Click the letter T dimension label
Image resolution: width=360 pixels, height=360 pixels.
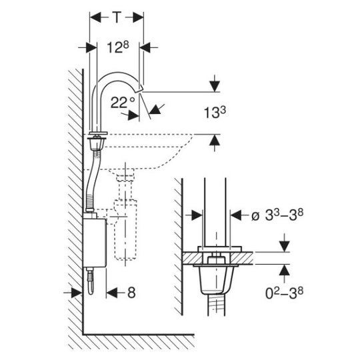pos(117,17)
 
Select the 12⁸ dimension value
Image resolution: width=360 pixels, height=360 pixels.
pos(118,47)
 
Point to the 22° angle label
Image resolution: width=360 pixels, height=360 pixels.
pos(123,103)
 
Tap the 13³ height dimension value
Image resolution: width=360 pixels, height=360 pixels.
pos(215,113)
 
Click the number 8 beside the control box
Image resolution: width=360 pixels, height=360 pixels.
pos(131,293)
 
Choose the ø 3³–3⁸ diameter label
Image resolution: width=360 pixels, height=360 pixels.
pos(277,215)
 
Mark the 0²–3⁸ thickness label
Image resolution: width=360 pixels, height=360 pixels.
pos(284,293)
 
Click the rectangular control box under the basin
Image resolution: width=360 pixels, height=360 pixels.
pos(95,243)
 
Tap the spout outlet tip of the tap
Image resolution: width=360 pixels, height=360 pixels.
pos(140,89)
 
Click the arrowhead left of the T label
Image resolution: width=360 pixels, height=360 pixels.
pos(95,17)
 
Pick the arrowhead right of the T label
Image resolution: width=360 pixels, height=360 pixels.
pos(138,17)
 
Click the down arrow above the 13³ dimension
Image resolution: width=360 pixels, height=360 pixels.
pos(215,86)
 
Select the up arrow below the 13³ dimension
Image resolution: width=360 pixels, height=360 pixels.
pos(215,140)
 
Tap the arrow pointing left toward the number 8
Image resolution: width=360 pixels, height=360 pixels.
pos(112,293)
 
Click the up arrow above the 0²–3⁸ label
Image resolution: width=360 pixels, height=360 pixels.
pos(285,270)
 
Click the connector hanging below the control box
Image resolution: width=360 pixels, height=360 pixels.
pos(91,281)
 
